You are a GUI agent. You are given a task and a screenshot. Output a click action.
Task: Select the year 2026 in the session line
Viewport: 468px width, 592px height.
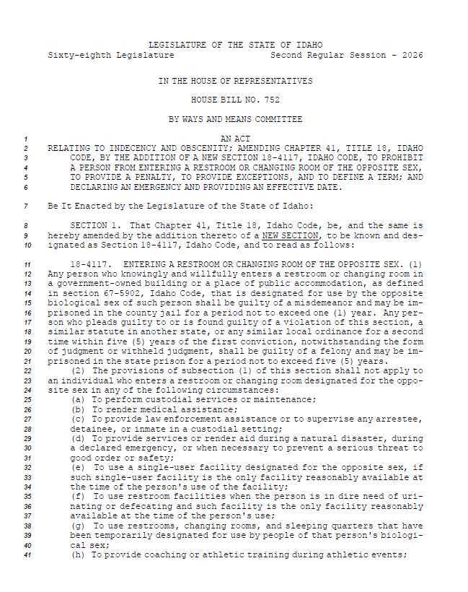click(x=412, y=55)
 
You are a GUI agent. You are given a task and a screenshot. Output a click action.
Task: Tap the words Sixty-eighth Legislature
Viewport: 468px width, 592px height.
click(x=110, y=55)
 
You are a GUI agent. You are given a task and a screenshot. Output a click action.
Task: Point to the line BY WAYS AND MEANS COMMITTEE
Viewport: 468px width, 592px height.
click(x=235, y=118)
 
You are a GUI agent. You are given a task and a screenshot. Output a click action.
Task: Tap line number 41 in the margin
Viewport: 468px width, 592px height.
click(x=25, y=555)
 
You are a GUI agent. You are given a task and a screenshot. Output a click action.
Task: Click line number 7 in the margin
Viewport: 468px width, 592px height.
click(x=25, y=206)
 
